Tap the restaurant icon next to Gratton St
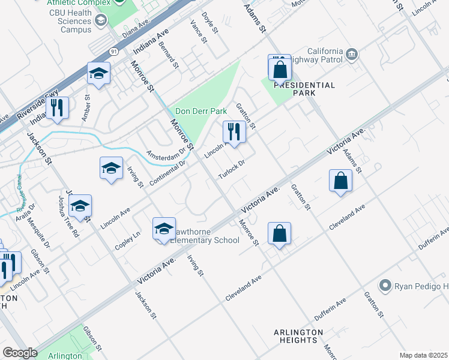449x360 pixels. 234,132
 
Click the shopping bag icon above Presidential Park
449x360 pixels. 280,68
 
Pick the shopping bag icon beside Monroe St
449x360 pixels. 280,233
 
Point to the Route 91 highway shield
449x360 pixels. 113,52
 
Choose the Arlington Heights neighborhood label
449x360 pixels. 298,336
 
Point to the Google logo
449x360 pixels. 20,352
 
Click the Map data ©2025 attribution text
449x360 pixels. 423,355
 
